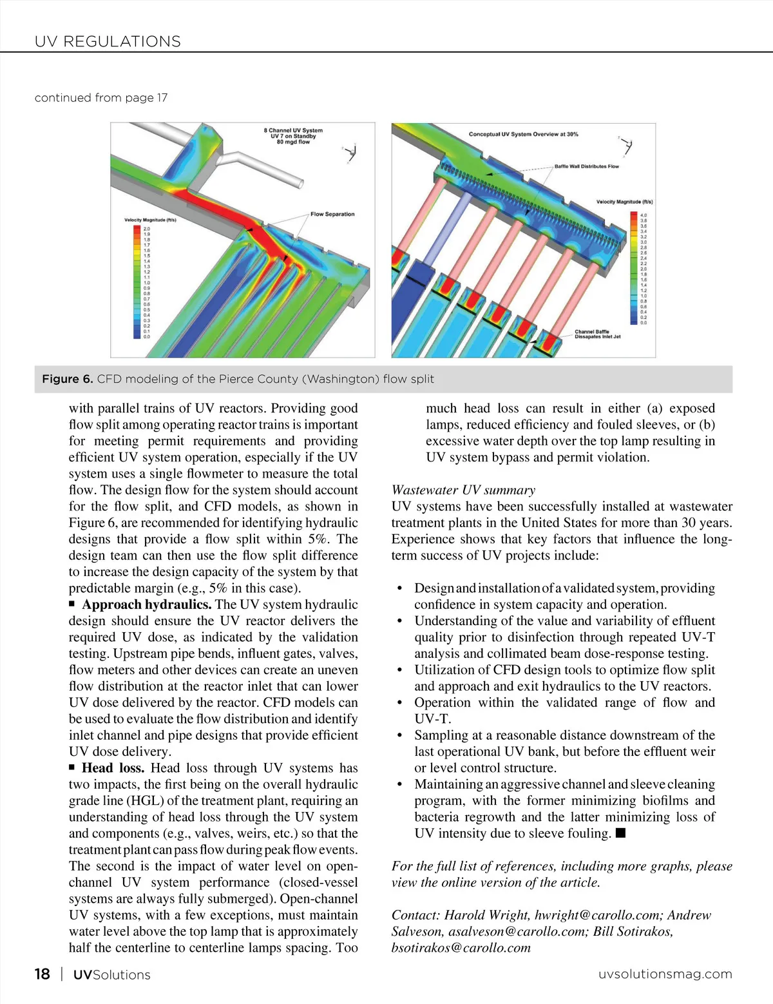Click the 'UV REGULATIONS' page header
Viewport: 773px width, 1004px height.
click(x=108, y=41)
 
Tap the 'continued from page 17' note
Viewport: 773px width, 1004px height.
click(x=101, y=97)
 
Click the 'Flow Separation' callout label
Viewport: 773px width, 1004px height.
click(x=332, y=214)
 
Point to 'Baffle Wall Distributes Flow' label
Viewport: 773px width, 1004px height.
click(x=586, y=166)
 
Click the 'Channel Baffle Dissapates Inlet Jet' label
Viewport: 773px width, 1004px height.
click(x=597, y=334)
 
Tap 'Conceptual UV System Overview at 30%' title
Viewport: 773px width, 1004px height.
click(x=523, y=134)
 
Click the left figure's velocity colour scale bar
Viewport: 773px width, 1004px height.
click(x=137, y=282)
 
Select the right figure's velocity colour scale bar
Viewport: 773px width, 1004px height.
click(x=634, y=269)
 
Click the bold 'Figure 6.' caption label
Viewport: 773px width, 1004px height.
click(x=68, y=379)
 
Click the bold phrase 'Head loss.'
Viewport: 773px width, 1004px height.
click(x=113, y=768)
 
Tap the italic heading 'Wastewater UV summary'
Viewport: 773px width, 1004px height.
click(x=463, y=490)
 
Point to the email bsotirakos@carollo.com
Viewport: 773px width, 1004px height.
click(x=461, y=948)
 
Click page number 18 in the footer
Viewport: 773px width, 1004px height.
click(x=42, y=974)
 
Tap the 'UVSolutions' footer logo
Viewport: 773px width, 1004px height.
click(x=111, y=974)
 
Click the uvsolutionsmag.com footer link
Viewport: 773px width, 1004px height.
click(x=665, y=974)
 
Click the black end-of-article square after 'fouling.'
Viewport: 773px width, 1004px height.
click(x=620, y=833)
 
